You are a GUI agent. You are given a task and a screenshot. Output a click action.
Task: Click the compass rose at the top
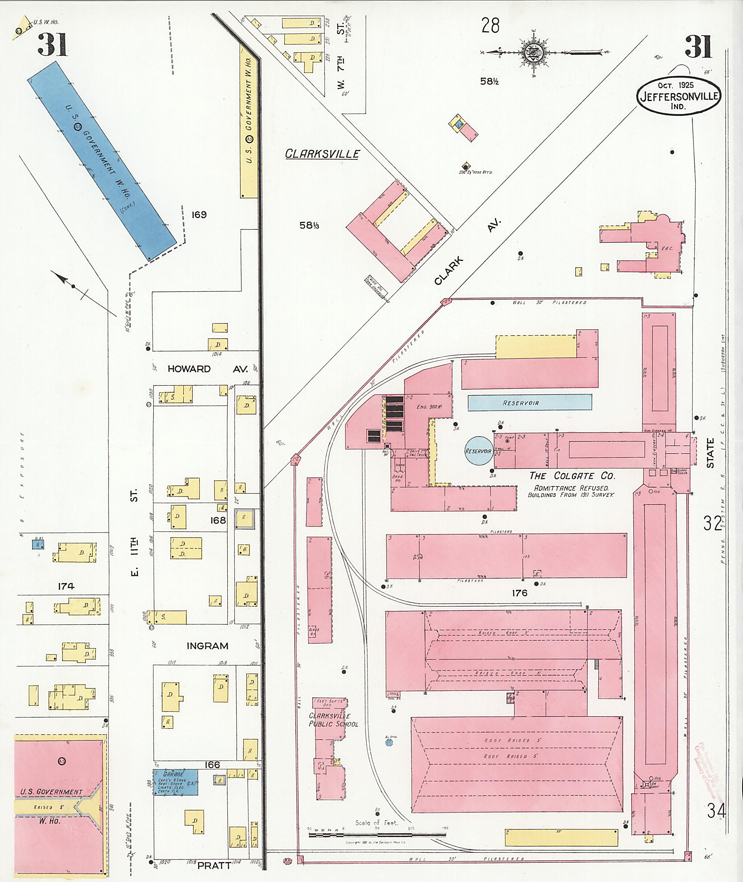(x=534, y=53)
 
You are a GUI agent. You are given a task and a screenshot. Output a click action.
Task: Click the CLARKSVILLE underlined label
(x=322, y=154)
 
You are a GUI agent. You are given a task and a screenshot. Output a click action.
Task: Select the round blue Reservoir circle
(x=478, y=451)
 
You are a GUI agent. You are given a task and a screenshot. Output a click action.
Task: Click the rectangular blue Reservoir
(x=529, y=402)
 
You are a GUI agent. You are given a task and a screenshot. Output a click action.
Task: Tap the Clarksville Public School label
(x=333, y=720)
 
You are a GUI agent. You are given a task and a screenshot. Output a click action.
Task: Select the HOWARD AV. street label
(x=207, y=369)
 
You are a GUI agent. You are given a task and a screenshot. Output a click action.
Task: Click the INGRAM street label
(x=207, y=646)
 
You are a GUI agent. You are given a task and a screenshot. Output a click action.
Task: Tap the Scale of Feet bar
(x=377, y=834)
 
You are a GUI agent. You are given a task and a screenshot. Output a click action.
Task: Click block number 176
(x=520, y=593)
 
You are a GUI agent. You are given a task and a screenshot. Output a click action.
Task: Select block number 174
(x=66, y=586)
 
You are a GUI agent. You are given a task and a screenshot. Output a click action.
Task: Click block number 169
(x=199, y=215)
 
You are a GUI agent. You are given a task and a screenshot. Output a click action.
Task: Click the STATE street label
(x=710, y=453)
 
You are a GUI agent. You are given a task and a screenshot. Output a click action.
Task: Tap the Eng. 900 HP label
(x=427, y=407)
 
